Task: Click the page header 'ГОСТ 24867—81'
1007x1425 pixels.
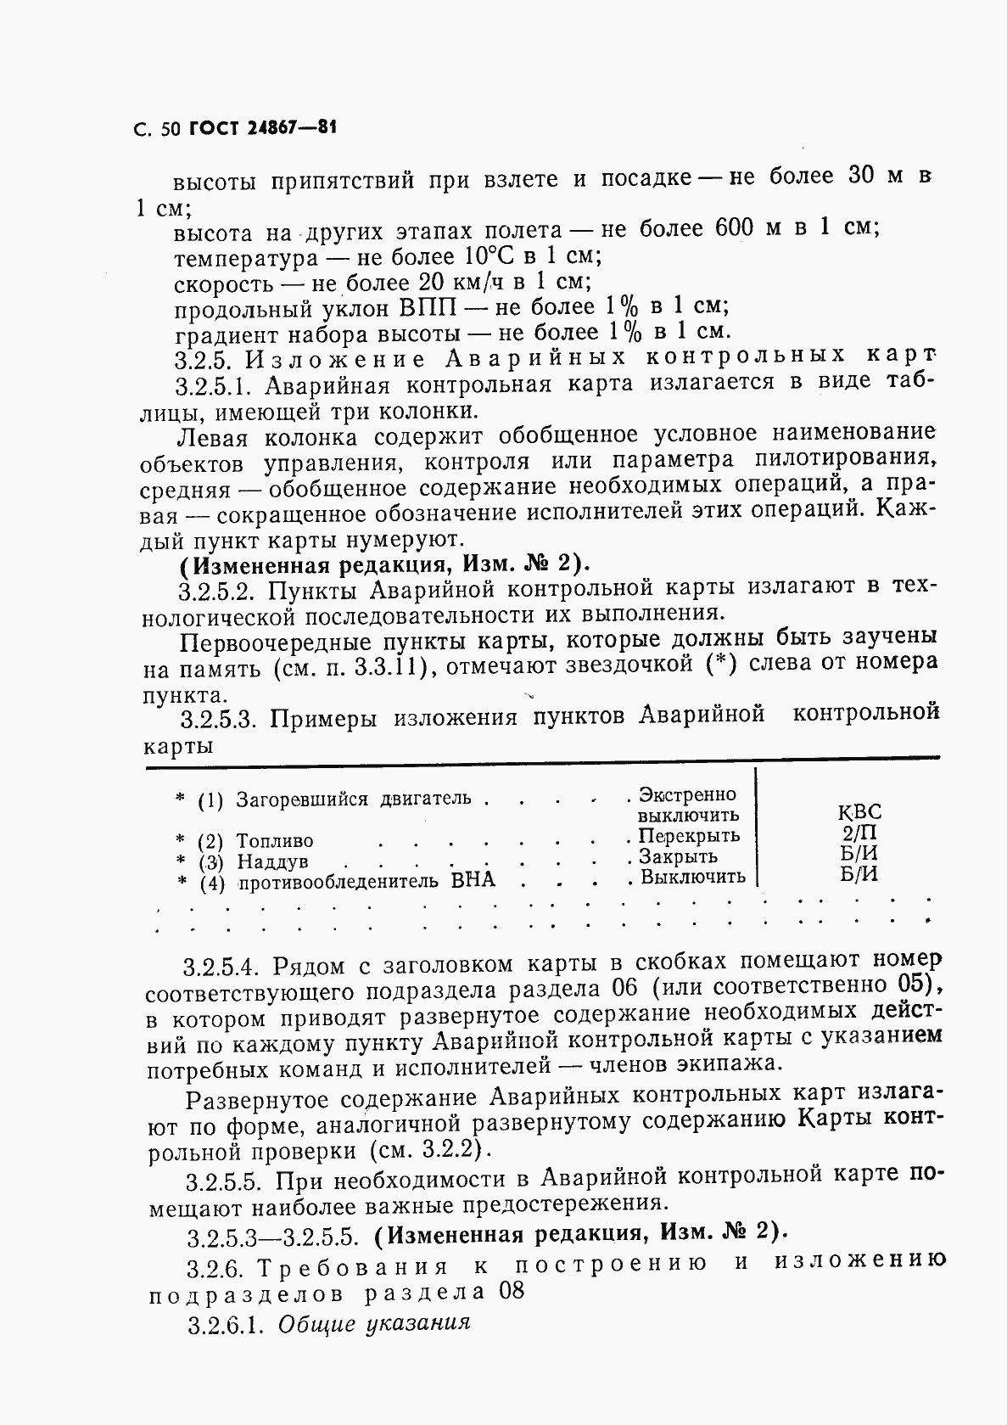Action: point(262,129)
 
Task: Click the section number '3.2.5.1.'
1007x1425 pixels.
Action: point(215,386)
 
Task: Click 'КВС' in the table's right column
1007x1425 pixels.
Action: point(859,812)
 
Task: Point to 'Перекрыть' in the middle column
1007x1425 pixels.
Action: point(689,836)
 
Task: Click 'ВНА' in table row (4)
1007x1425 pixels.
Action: point(473,880)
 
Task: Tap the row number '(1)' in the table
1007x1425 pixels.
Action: point(210,800)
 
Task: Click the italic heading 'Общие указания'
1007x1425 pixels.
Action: point(373,1324)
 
